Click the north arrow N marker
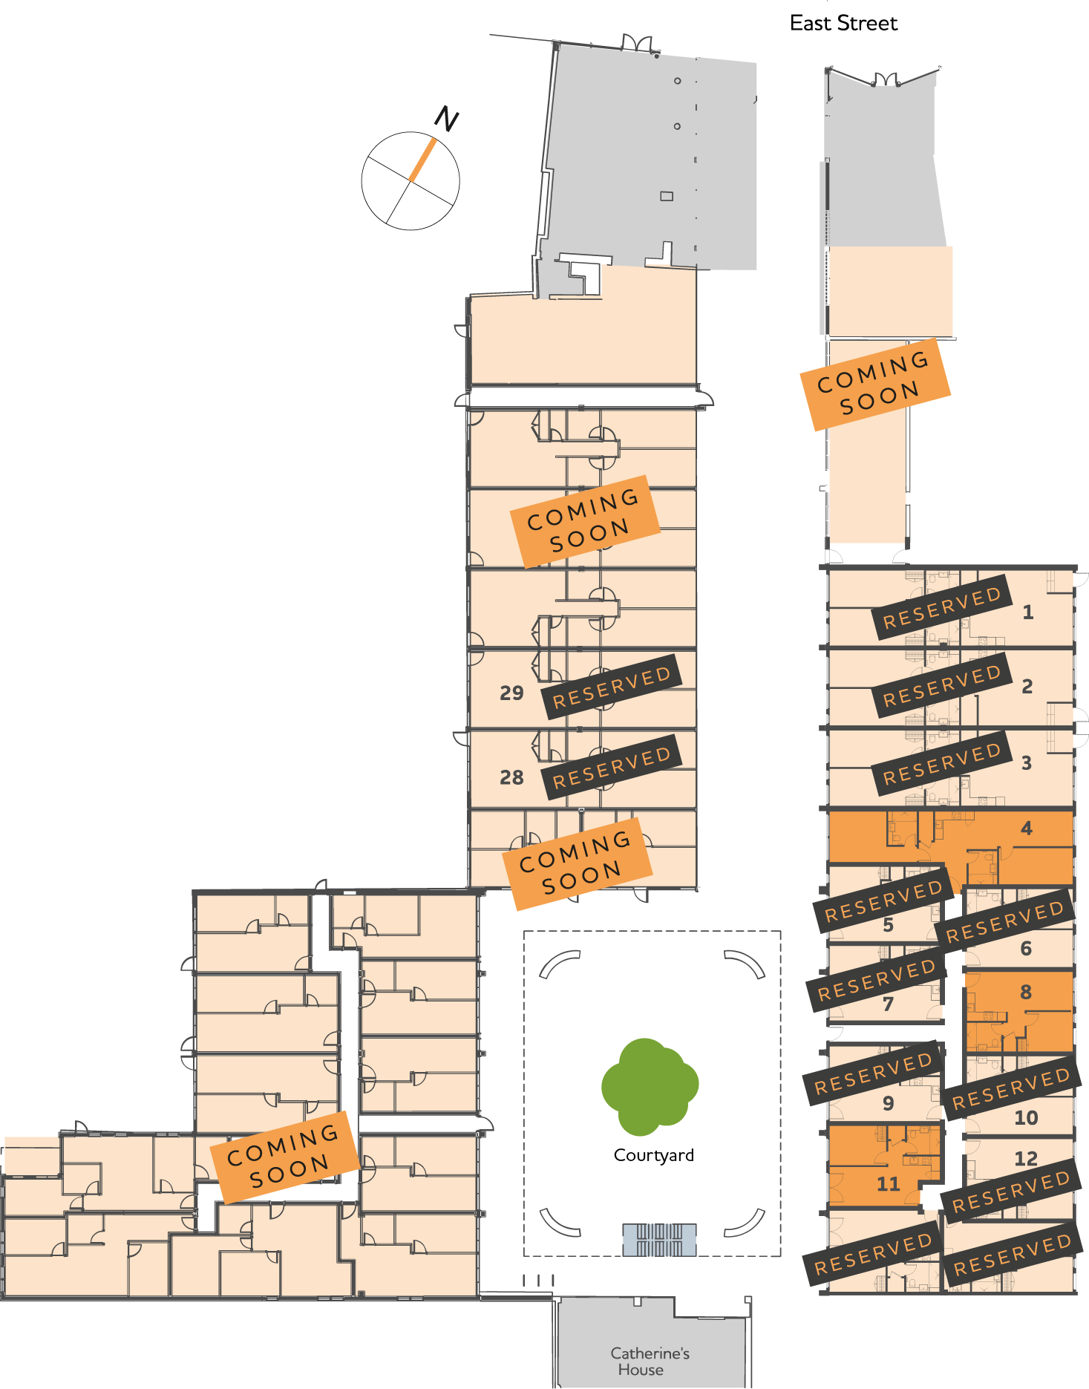446,119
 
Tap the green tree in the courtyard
650,1086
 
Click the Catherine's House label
650,1361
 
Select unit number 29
511,693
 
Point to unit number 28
511,777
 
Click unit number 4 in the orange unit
1027,828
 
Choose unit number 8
1026,992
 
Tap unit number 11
888,1183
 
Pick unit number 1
1028,612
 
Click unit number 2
1027,686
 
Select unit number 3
1027,762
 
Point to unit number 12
1026,1158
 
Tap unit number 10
1026,1117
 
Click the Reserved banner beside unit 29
612,687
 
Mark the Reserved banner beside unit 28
612,767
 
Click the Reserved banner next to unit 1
942,607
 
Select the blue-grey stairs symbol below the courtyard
659,1239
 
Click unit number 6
1026,948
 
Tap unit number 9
888,1103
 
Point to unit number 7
888,1004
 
